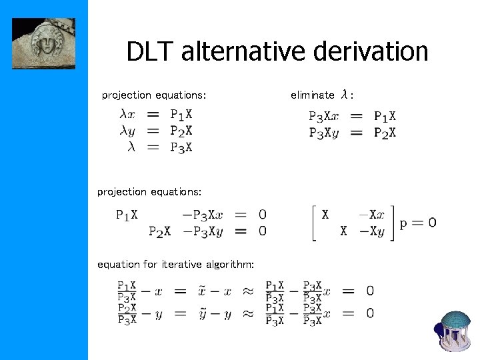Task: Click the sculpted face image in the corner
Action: (43, 43)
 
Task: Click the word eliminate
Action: (312, 95)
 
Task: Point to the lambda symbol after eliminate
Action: (344, 95)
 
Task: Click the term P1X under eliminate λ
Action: (385, 117)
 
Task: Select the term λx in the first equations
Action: (127, 115)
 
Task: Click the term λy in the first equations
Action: (127, 131)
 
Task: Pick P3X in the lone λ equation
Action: (181, 147)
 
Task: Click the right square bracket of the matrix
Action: (391, 223)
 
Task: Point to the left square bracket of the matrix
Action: (313, 223)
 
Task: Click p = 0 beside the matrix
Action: (418, 223)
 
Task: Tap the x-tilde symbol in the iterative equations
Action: (201, 291)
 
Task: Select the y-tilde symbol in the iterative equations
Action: (201, 313)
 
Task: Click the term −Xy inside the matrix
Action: (371, 231)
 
